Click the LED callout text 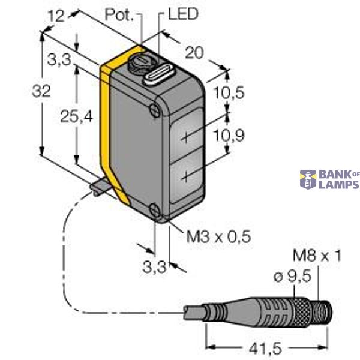click(183, 13)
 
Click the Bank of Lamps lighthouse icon click(308, 179)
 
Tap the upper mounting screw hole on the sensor click(155, 109)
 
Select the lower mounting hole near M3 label click(155, 211)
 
